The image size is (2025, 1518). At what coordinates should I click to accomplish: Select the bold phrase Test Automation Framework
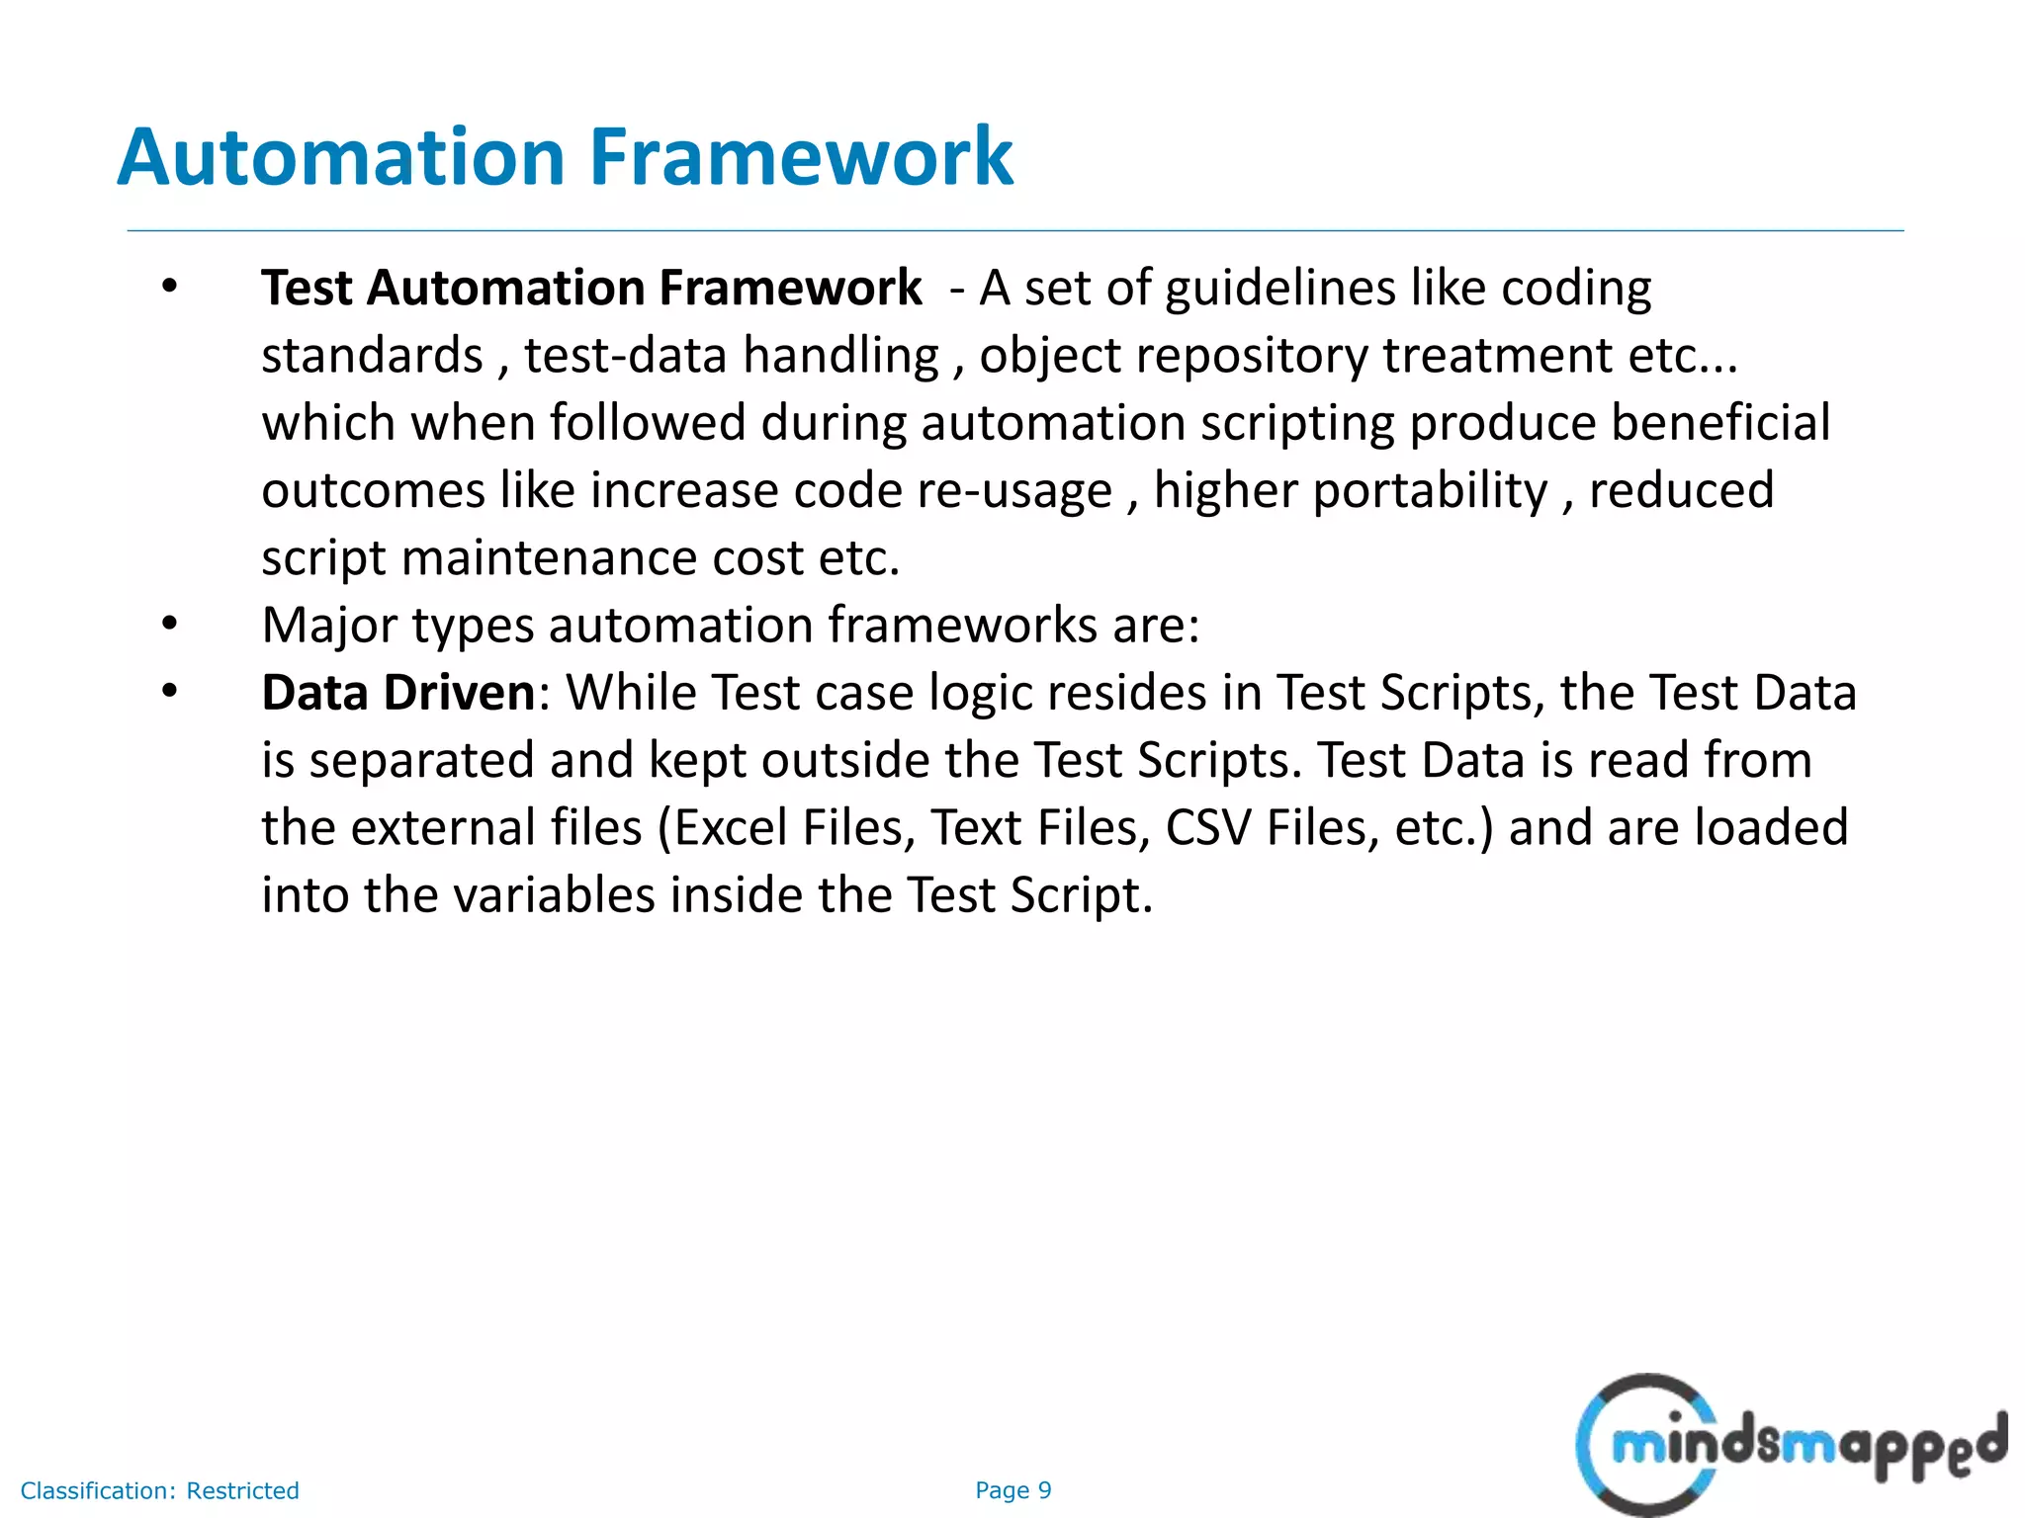pos(591,289)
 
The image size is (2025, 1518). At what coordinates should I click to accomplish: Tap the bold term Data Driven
pos(397,693)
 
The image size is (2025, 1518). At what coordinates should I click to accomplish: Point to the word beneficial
pos(1720,423)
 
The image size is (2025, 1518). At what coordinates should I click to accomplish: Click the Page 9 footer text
pos(1012,1490)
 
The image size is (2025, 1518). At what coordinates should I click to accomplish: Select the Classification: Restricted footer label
pos(159,1490)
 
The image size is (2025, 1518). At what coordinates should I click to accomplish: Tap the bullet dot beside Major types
pos(170,625)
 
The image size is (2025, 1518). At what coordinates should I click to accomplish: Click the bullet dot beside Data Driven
pos(170,692)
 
